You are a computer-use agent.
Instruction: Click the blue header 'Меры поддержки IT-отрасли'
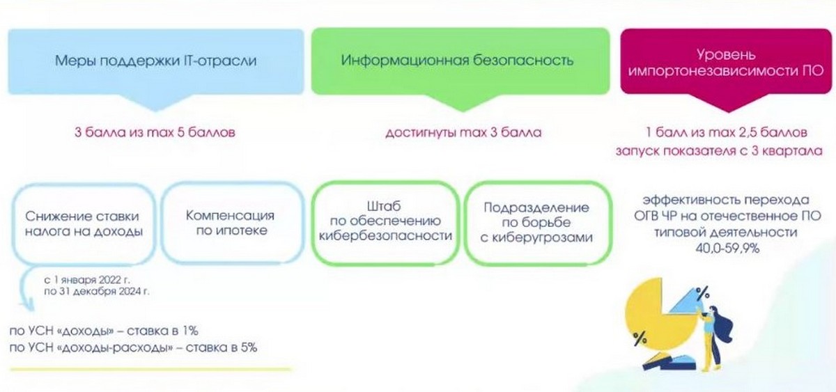pos(156,61)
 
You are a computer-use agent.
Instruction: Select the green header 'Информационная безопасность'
pos(460,61)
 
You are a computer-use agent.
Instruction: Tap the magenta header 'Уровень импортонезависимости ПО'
pos(726,62)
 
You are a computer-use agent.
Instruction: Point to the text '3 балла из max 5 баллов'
pos(155,132)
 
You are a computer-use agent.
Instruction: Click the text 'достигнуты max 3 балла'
pos(463,132)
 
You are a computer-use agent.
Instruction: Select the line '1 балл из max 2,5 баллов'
pos(727,132)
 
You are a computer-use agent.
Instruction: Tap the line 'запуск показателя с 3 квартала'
pos(719,150)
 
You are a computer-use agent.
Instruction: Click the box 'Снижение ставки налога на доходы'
pos(84,224)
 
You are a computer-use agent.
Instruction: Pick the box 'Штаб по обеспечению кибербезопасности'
pos(385,223)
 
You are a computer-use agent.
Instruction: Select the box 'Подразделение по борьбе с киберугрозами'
pos(537,223)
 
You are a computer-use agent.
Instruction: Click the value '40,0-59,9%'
pos(727,249)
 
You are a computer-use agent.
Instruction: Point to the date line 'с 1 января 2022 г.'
pos(87,280)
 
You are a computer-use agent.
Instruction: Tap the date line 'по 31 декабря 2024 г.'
pos(97,291)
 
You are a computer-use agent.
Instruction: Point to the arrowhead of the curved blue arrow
pos(27,305)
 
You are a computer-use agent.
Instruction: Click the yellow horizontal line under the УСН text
pos(150,369)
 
